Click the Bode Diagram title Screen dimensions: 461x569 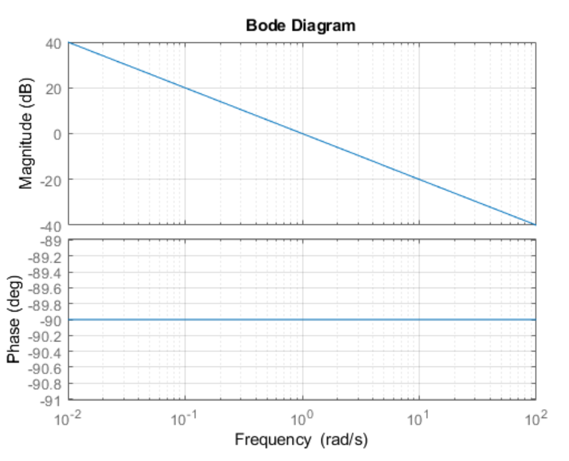[301, 25]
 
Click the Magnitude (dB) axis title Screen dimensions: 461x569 [26, 134]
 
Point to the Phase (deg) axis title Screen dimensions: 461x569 [14, 319]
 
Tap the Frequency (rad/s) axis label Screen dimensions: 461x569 [301, 439]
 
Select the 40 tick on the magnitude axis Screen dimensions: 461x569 [53, 44]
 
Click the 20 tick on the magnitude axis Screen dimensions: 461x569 [53, 89]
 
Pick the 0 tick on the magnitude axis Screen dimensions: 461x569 [57, 135]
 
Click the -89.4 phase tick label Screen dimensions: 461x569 [45, 273]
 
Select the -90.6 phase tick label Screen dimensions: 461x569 [45, 368]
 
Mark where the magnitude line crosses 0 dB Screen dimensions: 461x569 [302, 134]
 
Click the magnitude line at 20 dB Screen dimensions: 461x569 [185, 88]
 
